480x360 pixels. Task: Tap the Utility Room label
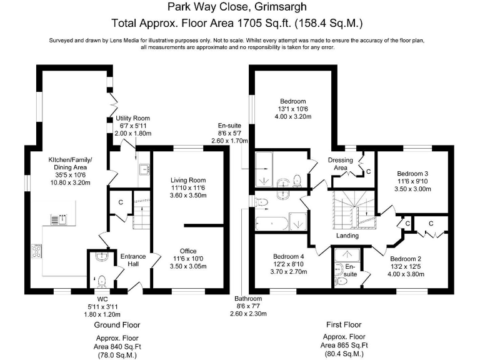(x=132, y=118)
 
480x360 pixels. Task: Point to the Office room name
(x=188, y=251)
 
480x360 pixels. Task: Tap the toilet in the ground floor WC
(x=101, y=279)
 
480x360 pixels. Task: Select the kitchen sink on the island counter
(x=54, y=218)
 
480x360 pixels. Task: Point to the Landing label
(x=347, y=236)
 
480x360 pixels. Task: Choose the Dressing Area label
(x=341, y=164)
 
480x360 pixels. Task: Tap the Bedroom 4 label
(x=288, y=256)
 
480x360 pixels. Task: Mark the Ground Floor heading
(x=117, y=325)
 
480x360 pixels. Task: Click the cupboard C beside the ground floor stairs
(x=120, y=202)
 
